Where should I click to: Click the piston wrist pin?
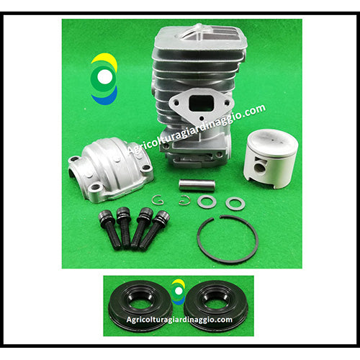pos(197,186)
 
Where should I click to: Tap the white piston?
pos(271,158)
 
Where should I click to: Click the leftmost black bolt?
pos(109,229)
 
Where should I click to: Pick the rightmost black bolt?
pos(153,230)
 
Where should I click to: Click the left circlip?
pos(158,200)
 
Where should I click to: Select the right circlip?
pos(184,200)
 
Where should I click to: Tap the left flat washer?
pos(207,202)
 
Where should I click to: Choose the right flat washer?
pos(235,204)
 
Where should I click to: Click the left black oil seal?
pos(140,306)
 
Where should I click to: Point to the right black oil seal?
pos(216,306)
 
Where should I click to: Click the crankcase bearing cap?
pos(111,169)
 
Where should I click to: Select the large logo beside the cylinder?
pos(104,78)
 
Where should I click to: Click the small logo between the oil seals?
pos(179,292)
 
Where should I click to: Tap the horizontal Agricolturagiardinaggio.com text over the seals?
pos(179,320)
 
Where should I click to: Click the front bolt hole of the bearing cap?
pos(96,186)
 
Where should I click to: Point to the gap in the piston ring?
pos(217,217)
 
